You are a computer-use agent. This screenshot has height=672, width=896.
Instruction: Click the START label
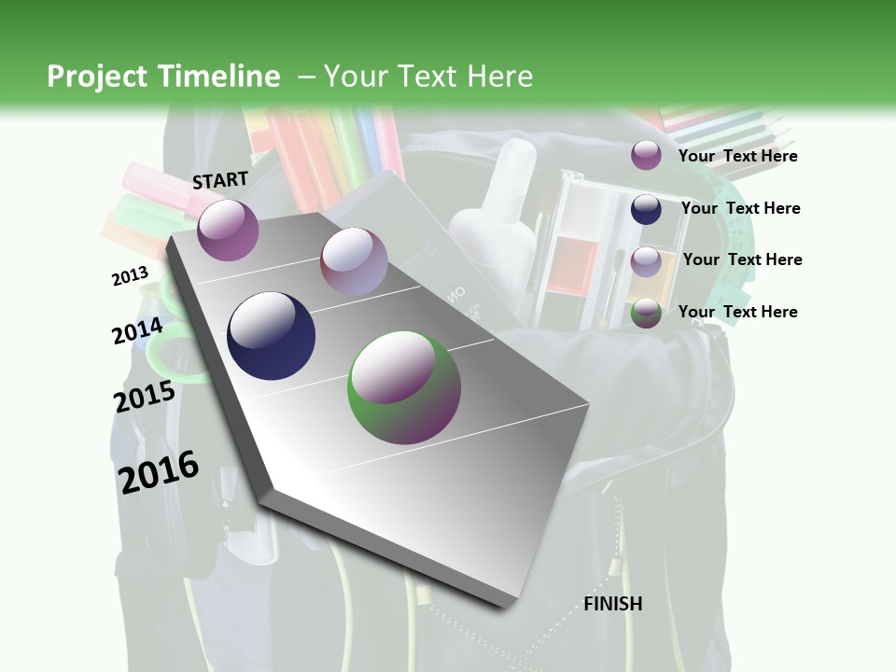click(220, 180)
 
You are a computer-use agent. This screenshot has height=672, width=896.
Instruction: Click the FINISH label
click(613, 604)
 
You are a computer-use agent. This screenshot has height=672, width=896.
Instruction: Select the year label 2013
click(130, 276)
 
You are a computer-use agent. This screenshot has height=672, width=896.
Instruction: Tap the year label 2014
click(137, 331)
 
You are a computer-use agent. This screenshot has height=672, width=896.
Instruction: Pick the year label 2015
click(145, 397)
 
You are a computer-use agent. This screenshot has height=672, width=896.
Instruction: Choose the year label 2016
click(159, 471)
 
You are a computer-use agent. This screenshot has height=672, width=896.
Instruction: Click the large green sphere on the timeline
click(404, 387)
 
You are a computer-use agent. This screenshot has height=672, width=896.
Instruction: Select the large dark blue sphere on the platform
click(271, 336)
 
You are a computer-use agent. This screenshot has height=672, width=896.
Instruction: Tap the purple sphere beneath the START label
click(228, 230)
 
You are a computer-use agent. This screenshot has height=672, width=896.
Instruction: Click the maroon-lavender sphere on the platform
click(354, 262)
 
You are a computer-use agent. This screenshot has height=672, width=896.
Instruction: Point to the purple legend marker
click(646, 155)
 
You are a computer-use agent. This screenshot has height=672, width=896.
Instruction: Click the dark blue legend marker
click(646, 209)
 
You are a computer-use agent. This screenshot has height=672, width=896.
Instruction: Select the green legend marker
click(646, 314)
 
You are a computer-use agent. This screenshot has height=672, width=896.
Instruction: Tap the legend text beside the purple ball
click(737, 156)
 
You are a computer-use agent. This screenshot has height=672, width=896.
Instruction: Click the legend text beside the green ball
click(737, 312)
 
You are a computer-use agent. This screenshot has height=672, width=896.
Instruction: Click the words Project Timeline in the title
click(163, 77)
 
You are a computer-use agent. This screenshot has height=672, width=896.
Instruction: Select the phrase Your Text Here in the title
click(427, 77)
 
